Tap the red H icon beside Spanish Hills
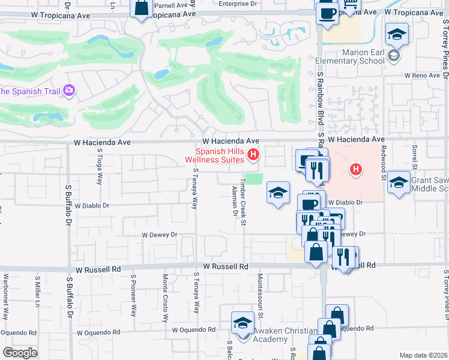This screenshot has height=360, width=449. click(x=253, y=155)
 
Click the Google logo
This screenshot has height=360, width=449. click(x=20, y=353)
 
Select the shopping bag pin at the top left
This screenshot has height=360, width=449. click(x=141, y=9)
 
